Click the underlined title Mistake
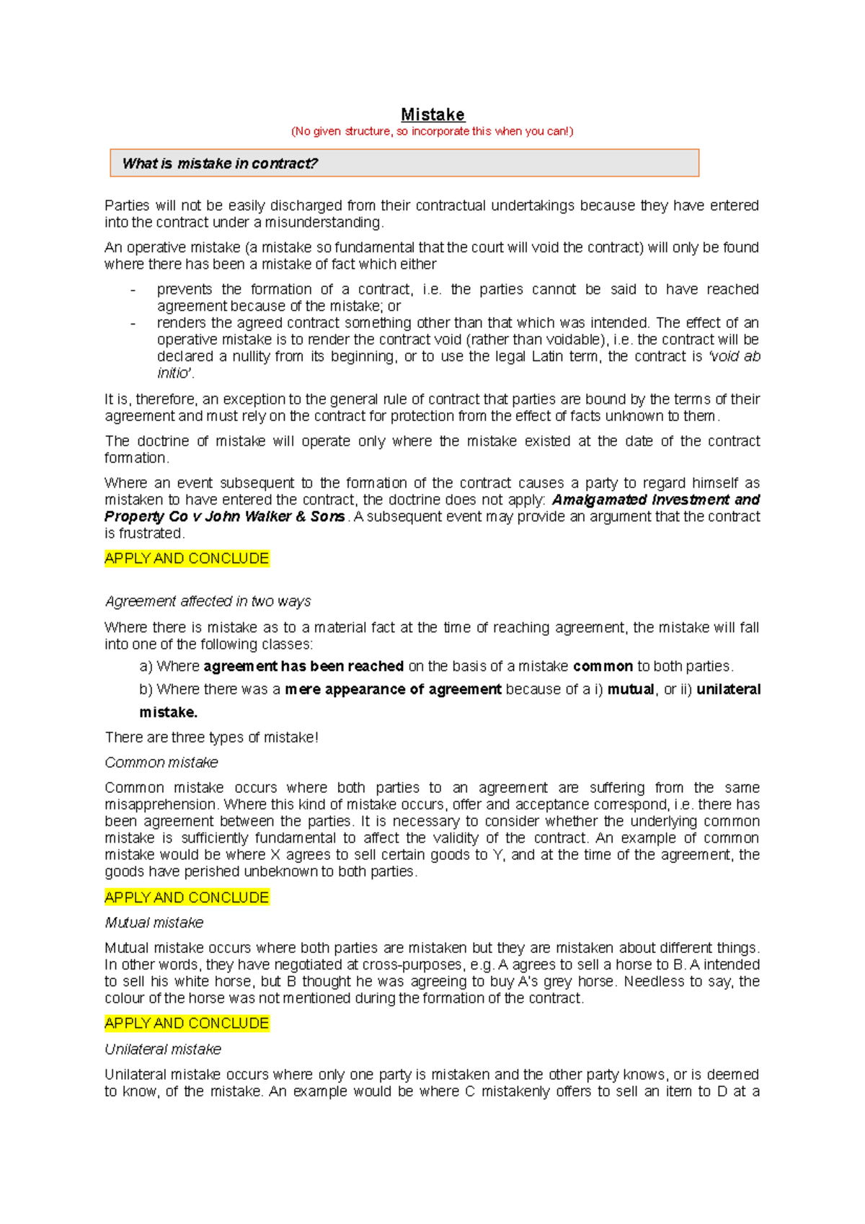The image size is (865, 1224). point(432,115)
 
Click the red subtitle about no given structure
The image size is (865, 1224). point(432,131)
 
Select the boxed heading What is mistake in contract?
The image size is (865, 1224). point(220,164)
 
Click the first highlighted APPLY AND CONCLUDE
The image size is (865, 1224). point(187,559)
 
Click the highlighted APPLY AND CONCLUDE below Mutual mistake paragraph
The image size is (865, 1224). point(187,1024)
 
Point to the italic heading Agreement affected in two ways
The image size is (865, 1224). point(208,601)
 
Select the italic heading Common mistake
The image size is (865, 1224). point(161,763)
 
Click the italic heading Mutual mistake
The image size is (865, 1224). point(154,923)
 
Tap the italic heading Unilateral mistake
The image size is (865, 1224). point(163,1050)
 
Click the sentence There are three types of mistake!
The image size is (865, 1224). point(211,737)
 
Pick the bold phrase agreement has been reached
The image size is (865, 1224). point(303,667)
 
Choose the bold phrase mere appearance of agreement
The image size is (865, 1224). point(393,690)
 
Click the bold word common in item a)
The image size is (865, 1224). point(603,667)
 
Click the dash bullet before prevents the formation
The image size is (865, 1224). point(133,290)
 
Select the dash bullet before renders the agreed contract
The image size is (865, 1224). point(133,324)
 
